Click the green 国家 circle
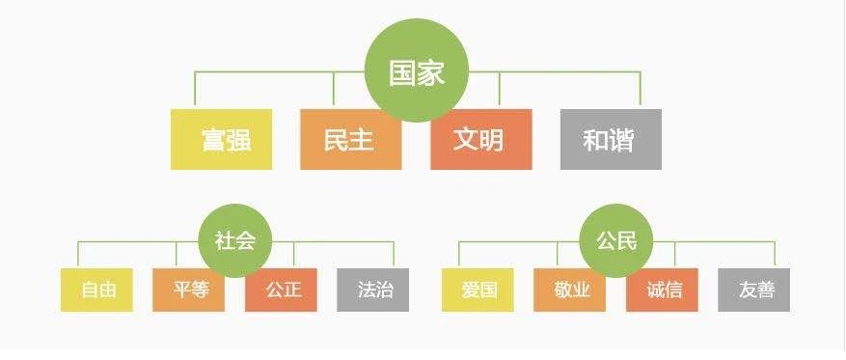coord(417,74)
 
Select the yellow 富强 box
coord(221,140)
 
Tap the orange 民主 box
coord(350,140)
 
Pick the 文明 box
coord(480,140)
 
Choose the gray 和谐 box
coord(611,140)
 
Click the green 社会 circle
coord(234,240)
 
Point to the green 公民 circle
coord(615,240)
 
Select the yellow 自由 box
coord(96,290)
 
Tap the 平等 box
coord(188,290)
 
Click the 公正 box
coord(281,290)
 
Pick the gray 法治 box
coord(373,290)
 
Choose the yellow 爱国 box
coord(478,290)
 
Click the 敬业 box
coord(570,290)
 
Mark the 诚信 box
coord(662,290)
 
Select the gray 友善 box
coord(754,290)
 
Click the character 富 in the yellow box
coord(212,140)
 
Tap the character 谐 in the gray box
coord(622,140)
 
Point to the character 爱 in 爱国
coord(470,290)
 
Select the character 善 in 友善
coord(764,290)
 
